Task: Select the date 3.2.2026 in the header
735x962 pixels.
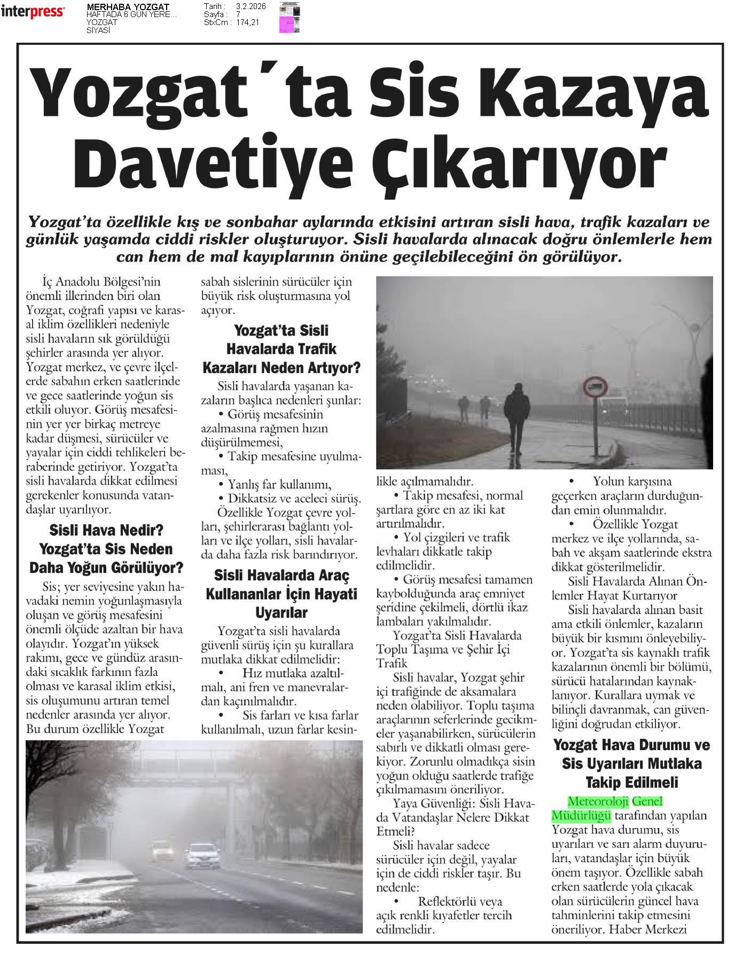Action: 251,6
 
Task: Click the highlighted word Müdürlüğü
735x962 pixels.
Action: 581,815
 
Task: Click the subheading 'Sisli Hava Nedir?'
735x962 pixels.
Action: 106,531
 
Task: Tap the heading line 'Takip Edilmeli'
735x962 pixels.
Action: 632,782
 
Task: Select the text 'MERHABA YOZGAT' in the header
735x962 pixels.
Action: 128,6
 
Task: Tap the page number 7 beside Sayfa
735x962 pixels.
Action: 238,14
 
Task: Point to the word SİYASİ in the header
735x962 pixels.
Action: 98,30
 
